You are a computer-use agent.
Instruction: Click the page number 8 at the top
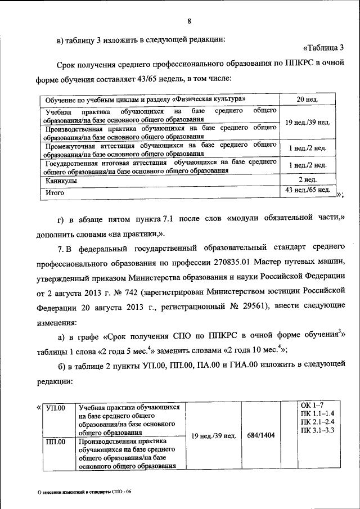[x=190, y=21]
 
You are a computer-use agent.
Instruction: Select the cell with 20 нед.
[x=307, y=100]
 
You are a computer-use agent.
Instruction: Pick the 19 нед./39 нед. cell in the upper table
[x=307, y=122]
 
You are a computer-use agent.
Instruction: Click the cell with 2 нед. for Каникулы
[x=307, y=180]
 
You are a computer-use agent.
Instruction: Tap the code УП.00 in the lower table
[x=56, y=408]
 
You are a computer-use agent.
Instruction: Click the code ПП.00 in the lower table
[x=56, y=442]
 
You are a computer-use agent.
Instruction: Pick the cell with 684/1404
[x=261, y=436]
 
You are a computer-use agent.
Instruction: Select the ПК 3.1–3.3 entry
[x=318, y=430]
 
